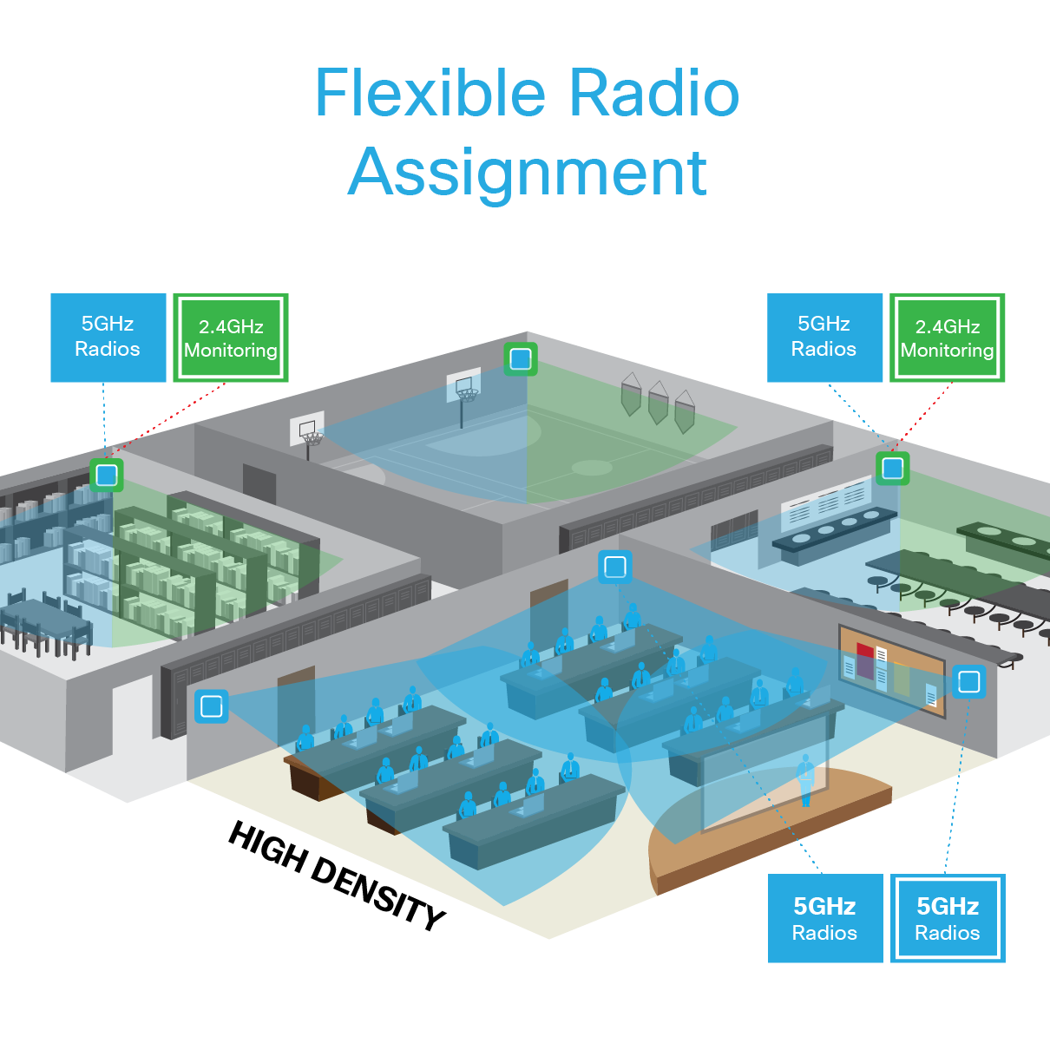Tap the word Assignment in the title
coord(527,173)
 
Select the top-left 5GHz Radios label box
coord(108,337)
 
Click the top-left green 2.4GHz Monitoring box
coord(231,338)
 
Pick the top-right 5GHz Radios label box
coord(824,337)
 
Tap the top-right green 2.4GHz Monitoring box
coord(947,338)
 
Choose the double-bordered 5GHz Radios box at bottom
coord(948,918)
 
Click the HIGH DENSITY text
coord(337,875)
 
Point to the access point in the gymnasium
coord(521,358)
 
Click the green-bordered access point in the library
coord(107,475)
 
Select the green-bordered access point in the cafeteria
coord(892,469)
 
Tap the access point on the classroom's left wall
coord(212,706)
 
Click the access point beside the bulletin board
coord(968,682)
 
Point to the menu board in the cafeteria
coord(825,502)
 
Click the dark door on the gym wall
coord(259,482)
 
